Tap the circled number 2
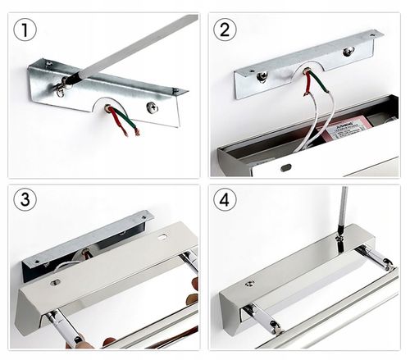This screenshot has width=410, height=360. coord(225,31)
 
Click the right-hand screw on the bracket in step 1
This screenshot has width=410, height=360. coord(152,107)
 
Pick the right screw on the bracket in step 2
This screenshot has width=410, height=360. coord(348,52)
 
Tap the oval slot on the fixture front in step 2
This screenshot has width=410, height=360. coord(285,167)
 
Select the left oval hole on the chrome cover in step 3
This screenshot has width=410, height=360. coord(55,283)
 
